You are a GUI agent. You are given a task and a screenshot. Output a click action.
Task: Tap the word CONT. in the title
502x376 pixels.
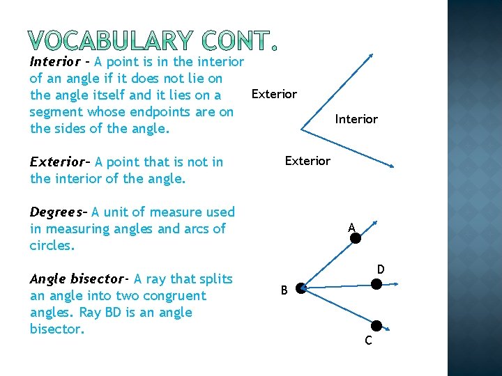coord(234,42)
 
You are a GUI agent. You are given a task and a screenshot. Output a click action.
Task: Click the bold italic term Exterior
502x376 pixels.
coord(59,162)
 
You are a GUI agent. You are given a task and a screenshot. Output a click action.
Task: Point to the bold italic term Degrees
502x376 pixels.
coord(57,212)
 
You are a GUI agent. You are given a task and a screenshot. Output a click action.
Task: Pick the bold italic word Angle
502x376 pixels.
coord(47,279)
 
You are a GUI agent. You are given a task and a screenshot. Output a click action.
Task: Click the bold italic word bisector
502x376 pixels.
coord(97,279)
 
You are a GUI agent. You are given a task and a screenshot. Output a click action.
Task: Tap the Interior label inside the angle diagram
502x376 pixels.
coord(356,119)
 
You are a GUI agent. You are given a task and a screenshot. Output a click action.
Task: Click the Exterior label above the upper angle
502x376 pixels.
coord(274,94)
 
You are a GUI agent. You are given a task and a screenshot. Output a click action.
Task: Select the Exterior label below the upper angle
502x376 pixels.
coord(307,161)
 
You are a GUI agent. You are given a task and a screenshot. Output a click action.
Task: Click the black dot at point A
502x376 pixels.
coord(355,238)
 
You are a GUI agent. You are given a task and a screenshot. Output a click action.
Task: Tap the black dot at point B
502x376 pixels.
coord(299,288)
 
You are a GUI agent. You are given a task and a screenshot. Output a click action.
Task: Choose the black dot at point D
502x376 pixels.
coord(376,284)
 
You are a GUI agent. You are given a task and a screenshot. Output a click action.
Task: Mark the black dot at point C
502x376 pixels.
coord(376,325)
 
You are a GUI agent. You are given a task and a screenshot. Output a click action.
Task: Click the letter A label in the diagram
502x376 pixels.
coord(352,226)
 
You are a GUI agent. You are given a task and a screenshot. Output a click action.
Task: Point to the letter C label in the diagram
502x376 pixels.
coord(368,340)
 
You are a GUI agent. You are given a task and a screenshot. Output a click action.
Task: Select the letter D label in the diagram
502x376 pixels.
coord(381,269)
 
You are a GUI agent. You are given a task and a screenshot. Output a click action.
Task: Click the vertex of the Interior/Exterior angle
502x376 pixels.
coord(302,130)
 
